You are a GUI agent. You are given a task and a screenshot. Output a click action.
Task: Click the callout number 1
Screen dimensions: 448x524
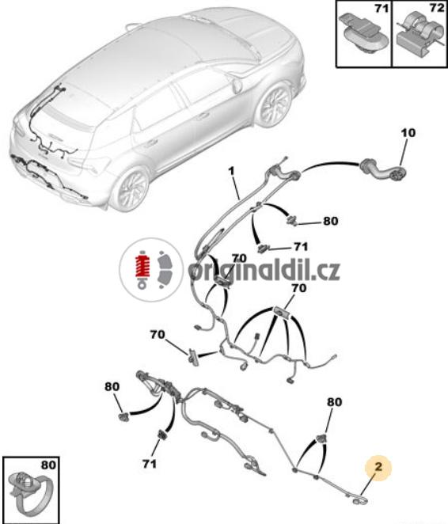[x=231, y=172]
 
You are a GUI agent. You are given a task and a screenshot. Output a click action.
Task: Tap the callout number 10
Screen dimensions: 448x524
[x=408, y=133]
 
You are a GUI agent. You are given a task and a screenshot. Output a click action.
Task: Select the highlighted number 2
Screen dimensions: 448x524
[x=378, y=467]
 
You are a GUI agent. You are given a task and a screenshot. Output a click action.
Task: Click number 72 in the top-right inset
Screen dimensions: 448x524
[x=437, y=8]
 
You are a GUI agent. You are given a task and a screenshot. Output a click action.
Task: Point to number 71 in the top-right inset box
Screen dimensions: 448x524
[x=382, y=8]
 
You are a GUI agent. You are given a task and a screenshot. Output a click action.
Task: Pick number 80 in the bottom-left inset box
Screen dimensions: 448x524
[x=49, y=465]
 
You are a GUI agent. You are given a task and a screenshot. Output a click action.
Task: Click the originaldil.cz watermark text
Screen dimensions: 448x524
[x=264, y=271]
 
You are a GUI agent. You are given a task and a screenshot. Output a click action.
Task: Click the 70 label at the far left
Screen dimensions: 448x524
[x=158, y=334]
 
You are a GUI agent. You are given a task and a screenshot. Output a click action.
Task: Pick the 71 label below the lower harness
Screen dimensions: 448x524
[x=149, y=464]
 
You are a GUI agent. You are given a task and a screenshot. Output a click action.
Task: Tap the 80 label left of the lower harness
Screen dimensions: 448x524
[x=112, y=386]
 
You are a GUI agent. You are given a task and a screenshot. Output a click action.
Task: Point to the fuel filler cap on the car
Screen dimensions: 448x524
[x=237, y=85]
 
